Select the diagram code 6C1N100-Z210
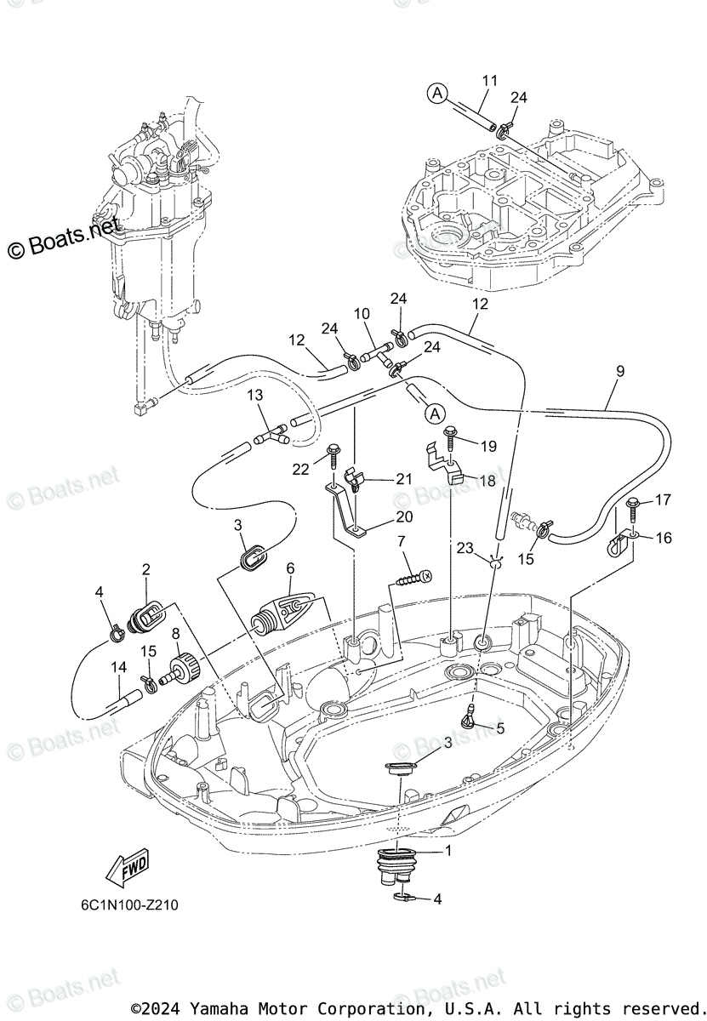pyautogui.click(x=125, y=904)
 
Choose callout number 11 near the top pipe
pyautogui.click(x=489, y=81)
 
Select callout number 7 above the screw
pyautogui.click(x=401, y=540)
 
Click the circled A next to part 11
pyautogui.click(x=436, y=94)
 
